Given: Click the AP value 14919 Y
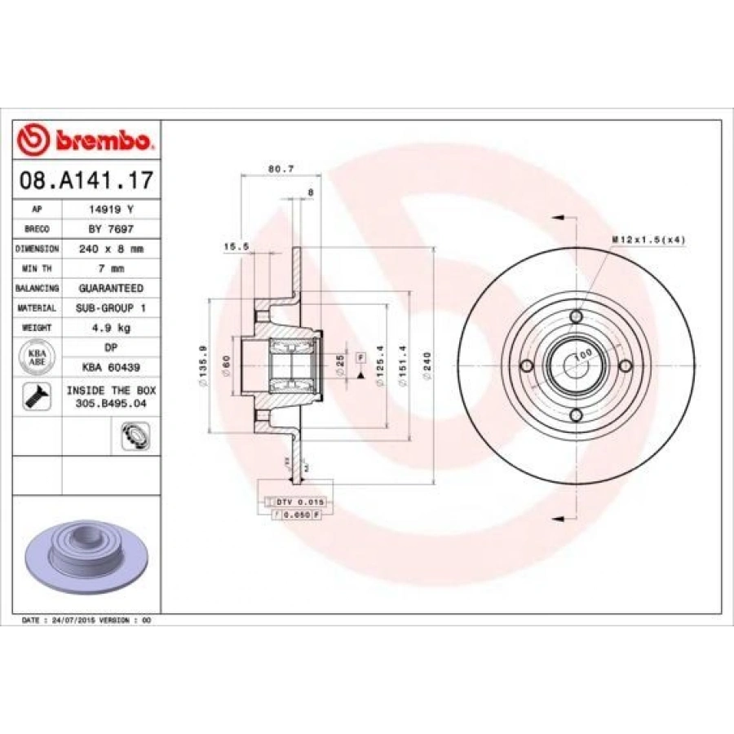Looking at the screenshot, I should pyautogui.click(x=111, y=210).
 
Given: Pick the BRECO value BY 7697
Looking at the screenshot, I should pyautogui.click(x=111, y=229).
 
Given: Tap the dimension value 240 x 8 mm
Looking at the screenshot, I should pyautogui.click(x=111, y=249).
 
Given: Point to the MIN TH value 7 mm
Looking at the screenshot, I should pyautogui.click(x=111, y=268).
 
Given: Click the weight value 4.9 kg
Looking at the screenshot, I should pyautogui.click(x=111, y=327).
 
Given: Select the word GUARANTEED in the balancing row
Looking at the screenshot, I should pyautogui.click(x=111, y=288).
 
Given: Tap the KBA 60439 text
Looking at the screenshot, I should pyautogui.click(x=111, y=366).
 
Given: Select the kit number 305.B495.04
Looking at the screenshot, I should pyautogui.click(x=111, y=402).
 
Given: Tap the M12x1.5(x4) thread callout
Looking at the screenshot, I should pyautogui.click(x=648, y=239).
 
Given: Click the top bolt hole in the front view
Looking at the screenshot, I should pyautogui.click(x=577, y=316).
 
